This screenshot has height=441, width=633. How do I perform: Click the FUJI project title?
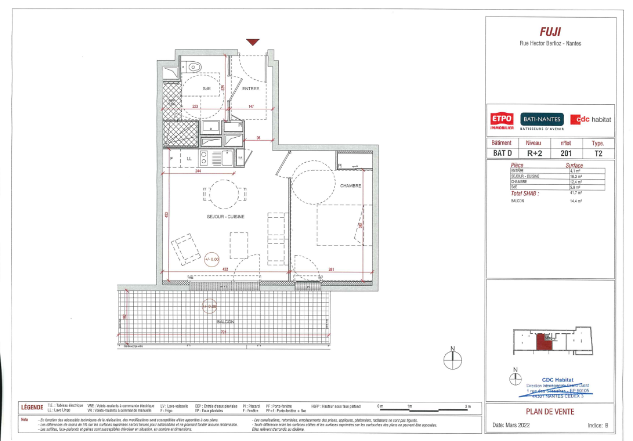tap(550, 32)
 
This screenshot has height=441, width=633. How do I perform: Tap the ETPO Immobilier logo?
tap(502, 121)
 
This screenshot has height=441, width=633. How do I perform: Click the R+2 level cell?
tap(534, 153)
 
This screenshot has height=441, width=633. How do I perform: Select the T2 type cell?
tap(598, 153)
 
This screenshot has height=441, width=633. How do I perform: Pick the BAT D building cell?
tap(502, 153)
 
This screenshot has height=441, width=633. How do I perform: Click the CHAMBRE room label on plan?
tap(351, 186)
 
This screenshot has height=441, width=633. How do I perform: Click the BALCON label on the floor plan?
tap(226, 322)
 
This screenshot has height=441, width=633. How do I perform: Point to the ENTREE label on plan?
tap(250, 89)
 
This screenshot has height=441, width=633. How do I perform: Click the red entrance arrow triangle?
tap(252, 42)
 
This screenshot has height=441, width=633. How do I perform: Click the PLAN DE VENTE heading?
tap(550, 412)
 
